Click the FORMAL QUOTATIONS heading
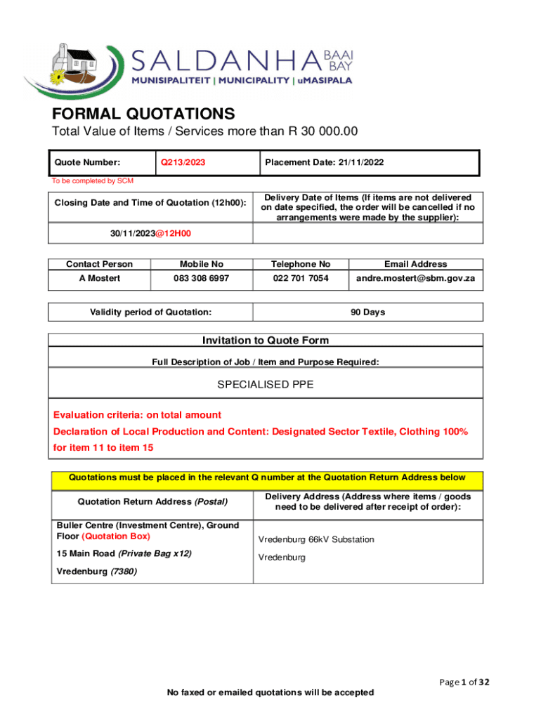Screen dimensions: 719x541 coord(143,114)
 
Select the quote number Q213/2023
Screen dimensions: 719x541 coord(183,163)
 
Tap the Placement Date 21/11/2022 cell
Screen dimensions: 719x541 coord(324,163)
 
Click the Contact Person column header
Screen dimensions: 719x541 coord(99,264)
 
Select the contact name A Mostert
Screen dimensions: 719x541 coord(99,279)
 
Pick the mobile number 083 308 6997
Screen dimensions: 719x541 coord(202,279)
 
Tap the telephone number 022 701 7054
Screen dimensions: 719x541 coord(301,279)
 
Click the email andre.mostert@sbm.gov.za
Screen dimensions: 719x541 coord(415,279)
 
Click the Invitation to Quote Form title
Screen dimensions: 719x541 coord(266,341)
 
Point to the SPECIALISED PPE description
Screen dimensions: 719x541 coord(266,385)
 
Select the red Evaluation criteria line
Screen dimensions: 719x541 coord(138,415)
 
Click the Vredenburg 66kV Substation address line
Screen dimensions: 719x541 coord(316,540)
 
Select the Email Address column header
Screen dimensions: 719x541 coord(415,264)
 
